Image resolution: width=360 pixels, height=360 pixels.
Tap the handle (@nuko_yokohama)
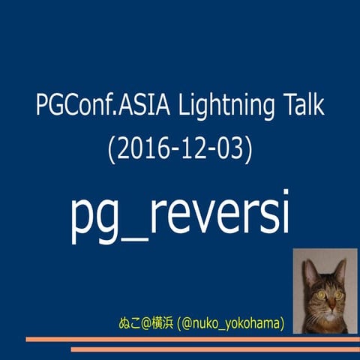(x=229, y=323)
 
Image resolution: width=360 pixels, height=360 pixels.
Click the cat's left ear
(x=306, y=265)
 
